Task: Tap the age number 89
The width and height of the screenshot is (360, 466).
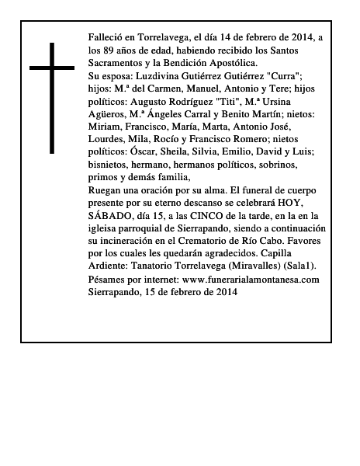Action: [109, 50]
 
